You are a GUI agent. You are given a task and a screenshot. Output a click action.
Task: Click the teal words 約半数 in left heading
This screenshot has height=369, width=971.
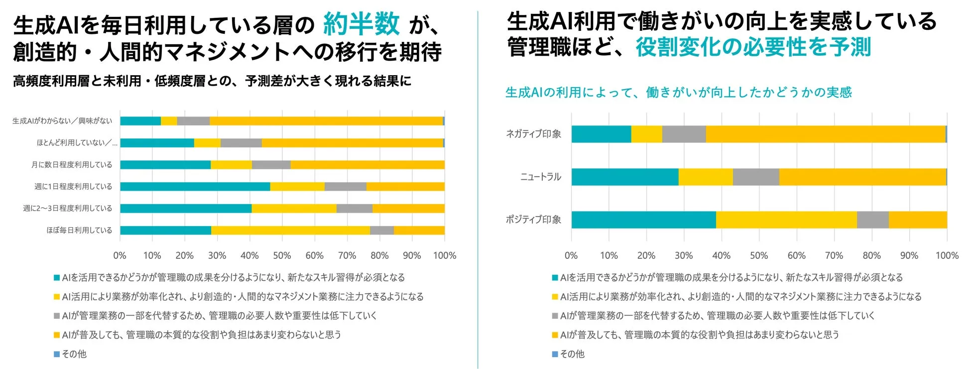click(x=361, y=24)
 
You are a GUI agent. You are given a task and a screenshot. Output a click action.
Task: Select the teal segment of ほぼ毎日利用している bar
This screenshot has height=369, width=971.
click(x=165, y=230)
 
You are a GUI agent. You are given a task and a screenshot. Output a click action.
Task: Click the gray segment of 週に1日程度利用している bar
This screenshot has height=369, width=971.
click(x=345, y=186)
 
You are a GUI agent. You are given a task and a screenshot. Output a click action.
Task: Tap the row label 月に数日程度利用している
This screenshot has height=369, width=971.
click(x=72, y=165)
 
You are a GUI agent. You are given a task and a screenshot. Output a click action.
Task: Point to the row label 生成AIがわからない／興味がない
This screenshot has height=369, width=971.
click(x=62, y=121)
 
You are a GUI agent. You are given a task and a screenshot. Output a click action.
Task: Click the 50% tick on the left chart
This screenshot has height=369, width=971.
click(x=282, y=255)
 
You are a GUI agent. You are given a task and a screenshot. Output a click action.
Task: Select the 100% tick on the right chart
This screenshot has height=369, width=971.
click(x=947, y=255)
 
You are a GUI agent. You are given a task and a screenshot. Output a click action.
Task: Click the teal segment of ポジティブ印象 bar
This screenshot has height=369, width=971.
click(x=643, y=220)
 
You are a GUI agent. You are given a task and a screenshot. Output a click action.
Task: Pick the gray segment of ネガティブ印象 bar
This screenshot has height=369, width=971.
click(x=684, y=134)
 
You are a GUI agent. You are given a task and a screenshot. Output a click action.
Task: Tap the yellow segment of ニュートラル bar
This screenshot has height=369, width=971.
click(x=705, y=177)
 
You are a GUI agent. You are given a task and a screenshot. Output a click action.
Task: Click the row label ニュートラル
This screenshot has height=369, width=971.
click(x=540, y=177)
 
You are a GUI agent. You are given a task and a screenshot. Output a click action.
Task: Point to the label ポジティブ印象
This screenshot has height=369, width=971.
click(x=533, y=220)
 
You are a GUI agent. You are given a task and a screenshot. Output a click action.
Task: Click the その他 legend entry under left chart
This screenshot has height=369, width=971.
click(x=74, y=354)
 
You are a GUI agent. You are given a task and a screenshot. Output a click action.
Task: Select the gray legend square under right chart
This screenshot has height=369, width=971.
click(x=555, y=316)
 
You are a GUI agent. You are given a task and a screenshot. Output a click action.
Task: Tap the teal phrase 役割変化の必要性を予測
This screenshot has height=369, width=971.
click(x=752, y=47)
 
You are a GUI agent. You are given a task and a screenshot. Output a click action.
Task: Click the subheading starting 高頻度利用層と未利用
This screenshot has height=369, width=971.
click(x=212, y=81)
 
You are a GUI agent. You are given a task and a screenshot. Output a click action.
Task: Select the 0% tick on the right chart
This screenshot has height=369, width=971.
click(x=571, y=255)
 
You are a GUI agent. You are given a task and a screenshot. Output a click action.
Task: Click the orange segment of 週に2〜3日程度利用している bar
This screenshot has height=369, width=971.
click(x=408, y=208)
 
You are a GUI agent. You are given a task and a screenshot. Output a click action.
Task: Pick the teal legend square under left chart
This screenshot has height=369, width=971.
click(x=57, y=277)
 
